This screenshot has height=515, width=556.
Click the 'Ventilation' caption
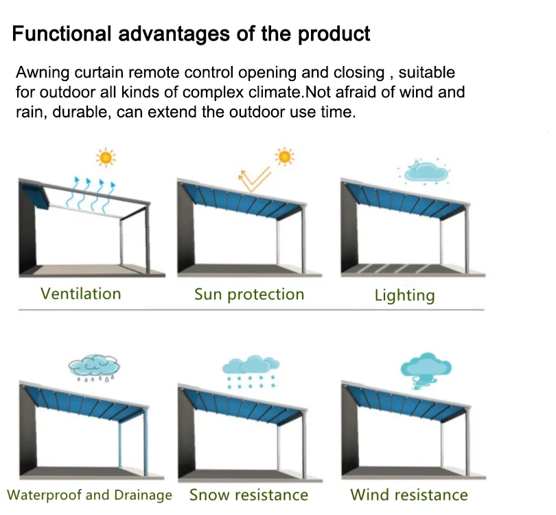tap(80, 294)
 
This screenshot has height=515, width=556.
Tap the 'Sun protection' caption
tap(248, 295)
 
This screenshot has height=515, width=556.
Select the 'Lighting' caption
tap(404, 296)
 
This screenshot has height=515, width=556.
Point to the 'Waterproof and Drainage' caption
tap(89, 495)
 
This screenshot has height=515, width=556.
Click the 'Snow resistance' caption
tap(248, 495)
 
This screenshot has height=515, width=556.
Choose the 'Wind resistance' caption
tap(408, 494)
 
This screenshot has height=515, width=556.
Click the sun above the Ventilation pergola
tap(105, 157)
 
